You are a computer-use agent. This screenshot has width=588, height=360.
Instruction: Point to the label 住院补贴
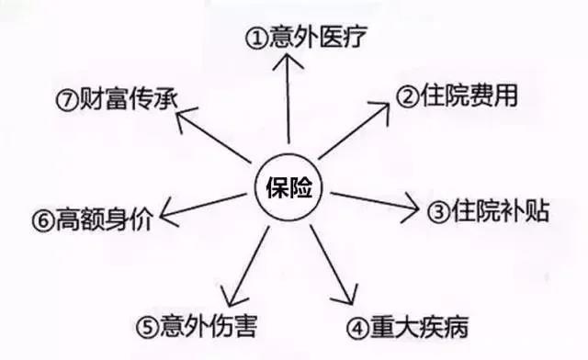tap(488, 212)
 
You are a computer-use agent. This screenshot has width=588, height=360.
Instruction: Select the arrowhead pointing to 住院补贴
tap(412, 206)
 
